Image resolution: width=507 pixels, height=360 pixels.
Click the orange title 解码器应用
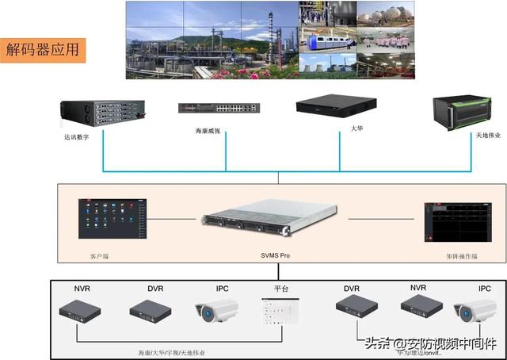point(44,50)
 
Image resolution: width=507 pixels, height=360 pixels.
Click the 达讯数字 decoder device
point(105,112)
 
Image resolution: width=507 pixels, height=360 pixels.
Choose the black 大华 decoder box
point(335,105)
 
